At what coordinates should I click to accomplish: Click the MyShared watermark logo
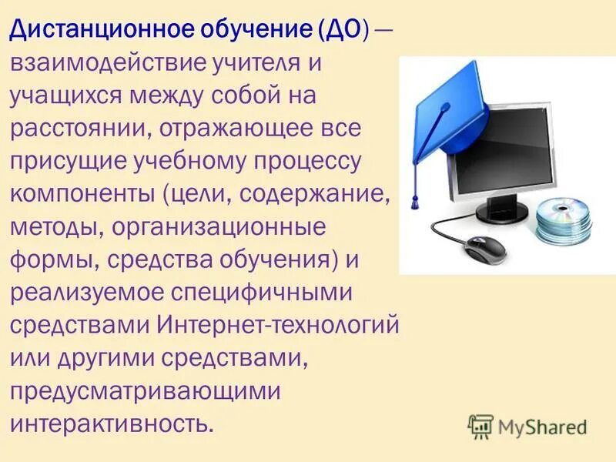click(x=528, y=425)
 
